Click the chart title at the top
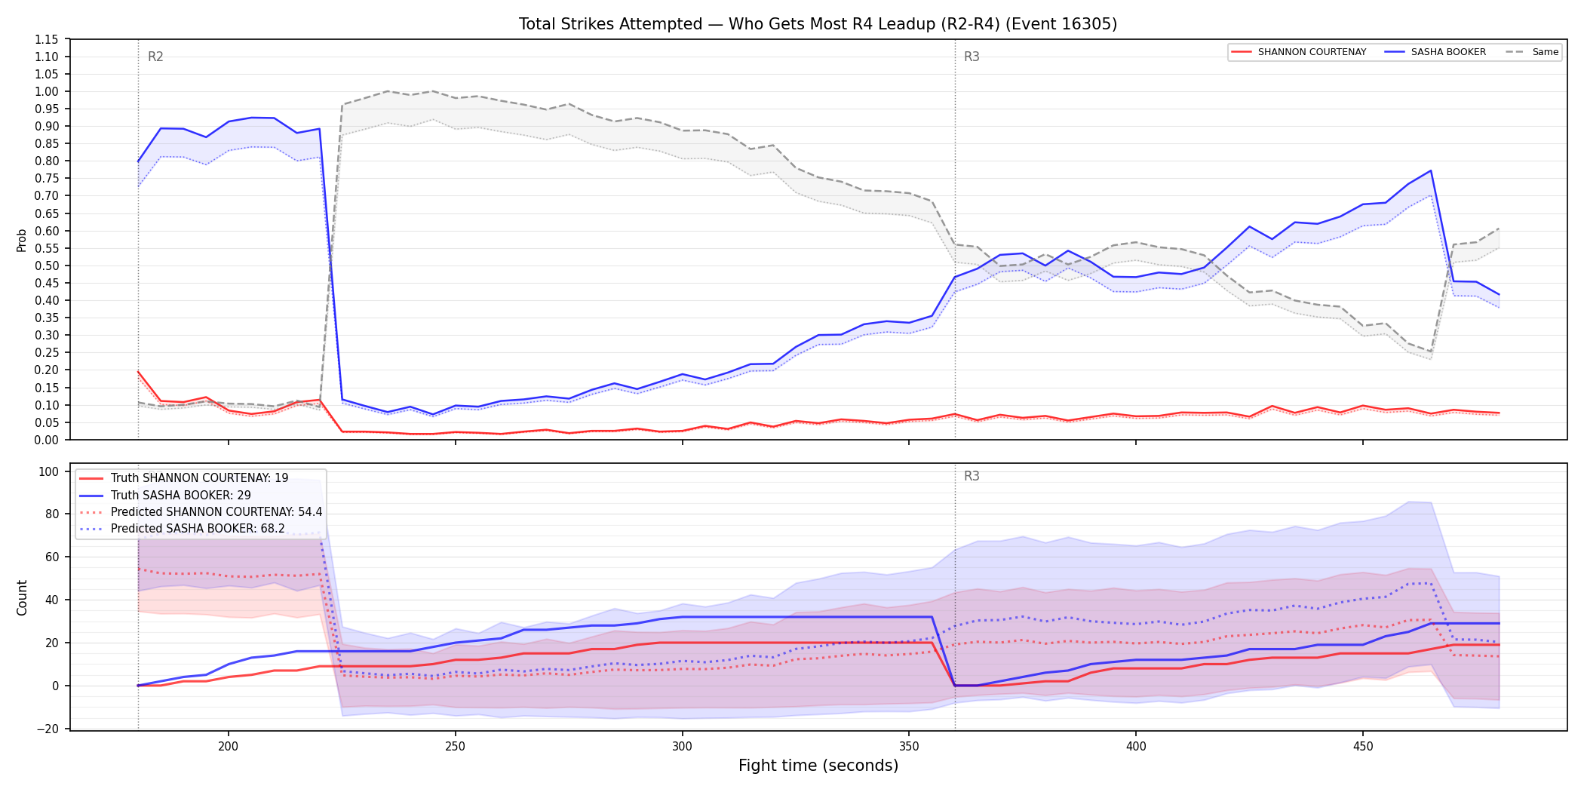(x=818, y=24)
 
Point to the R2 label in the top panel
(x=155, y=57)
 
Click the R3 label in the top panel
(x=972, y=57)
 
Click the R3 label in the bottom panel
(x=972, y=476)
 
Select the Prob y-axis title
(x=22, y=240)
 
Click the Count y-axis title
(x=22, y=597)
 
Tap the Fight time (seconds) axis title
(x=818, y=766)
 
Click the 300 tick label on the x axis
(x=682, y=746)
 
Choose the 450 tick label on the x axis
(x=1362, y=746)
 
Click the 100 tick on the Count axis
(x=49, y=471)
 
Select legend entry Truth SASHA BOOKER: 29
(x=181, y=495)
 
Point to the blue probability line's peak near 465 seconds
(x=1430, y=170)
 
